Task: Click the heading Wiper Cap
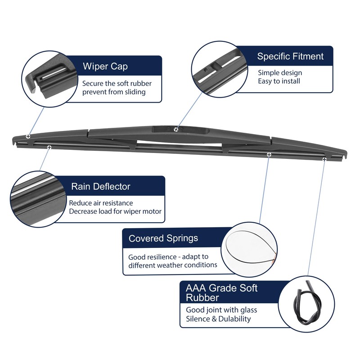pyautogui.click(x=105, y=67)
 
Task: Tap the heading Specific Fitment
pyautogui.click(x=290, y=56)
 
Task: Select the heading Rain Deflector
pyautogui.click(x=101, y=186)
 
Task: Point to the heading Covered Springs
pyautogui.click(x=163, y=238)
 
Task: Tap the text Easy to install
pyautogui.click(x=279, y=81)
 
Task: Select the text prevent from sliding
pyautogui.click(x=114, y=92)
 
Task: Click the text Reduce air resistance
pyautogui.click(x=101, y=203)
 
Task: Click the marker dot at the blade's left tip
pyautogui.click(x=28, y=136)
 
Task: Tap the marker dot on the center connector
pyautogui.click(x=176, y=130)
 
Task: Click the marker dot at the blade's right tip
pyautogui.click(x=324, y=159)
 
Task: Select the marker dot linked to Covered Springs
pyautogui.click(x=269, y=154)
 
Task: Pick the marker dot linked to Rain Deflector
pyautogui.click(x=49, y=147)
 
